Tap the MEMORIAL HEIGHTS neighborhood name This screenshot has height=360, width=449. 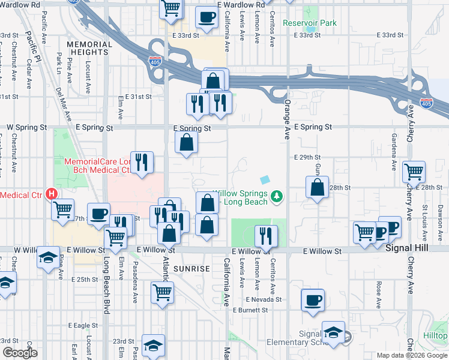point(88,49)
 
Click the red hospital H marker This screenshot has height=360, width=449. point(52,194)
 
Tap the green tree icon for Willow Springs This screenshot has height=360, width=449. point(277,196)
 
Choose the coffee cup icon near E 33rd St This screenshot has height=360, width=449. point(206,17)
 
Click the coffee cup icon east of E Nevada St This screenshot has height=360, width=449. point(314,300)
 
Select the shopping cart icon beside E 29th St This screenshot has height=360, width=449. point(414,172)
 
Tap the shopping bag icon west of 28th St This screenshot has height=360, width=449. point(317,187)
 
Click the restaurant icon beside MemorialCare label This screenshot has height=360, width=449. point(142,162)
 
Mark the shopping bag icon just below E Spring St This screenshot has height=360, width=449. point(187,143)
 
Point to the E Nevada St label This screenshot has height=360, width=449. point(264,299)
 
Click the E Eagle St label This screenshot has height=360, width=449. point(83,325)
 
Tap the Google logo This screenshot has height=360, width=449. point(20,352)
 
